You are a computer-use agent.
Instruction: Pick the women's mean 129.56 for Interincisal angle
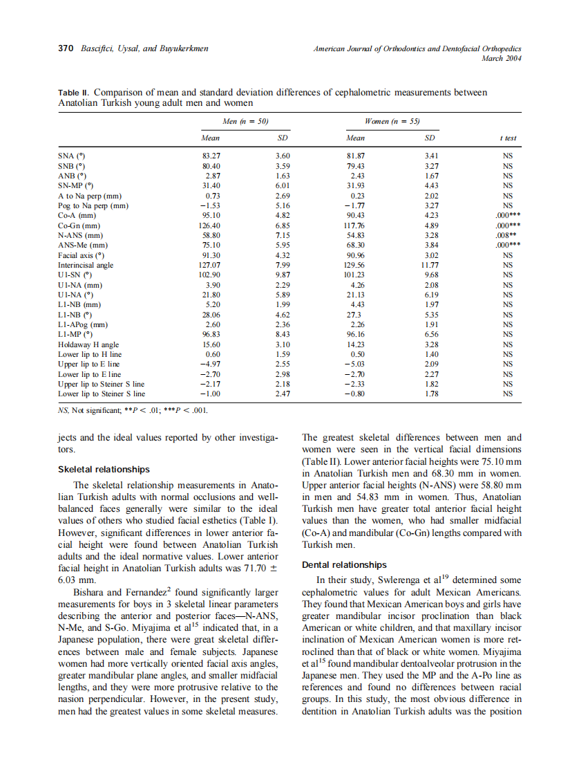(x=355, y=265)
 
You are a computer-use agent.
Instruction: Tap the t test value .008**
(x=507, y=235)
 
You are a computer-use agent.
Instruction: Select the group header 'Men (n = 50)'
(x=245, y=121)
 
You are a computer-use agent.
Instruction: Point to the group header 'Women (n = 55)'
(x=391, y=121)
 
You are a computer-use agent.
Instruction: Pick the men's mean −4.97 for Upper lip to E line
(x=209, y=364)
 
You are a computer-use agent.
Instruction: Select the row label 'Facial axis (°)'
(x=82, y=255)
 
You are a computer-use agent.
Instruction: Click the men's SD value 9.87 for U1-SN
(x=282, y=275)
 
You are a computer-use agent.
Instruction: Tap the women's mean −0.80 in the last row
(x=355, y=394)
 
